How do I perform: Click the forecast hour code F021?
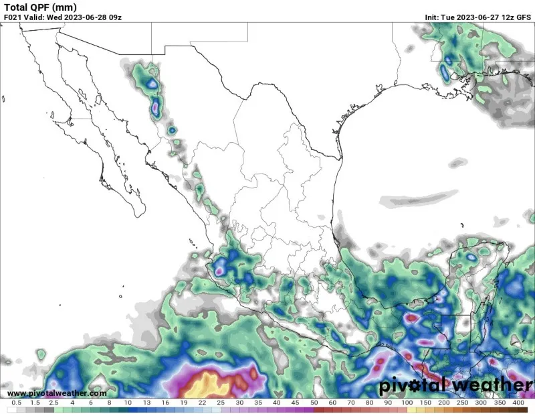click(x=13, y=17)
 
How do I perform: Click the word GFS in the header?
click(x=524, y=17)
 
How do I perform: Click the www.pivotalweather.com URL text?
click(x=56, y=393)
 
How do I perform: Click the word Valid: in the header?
click(x=33, y=17)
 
